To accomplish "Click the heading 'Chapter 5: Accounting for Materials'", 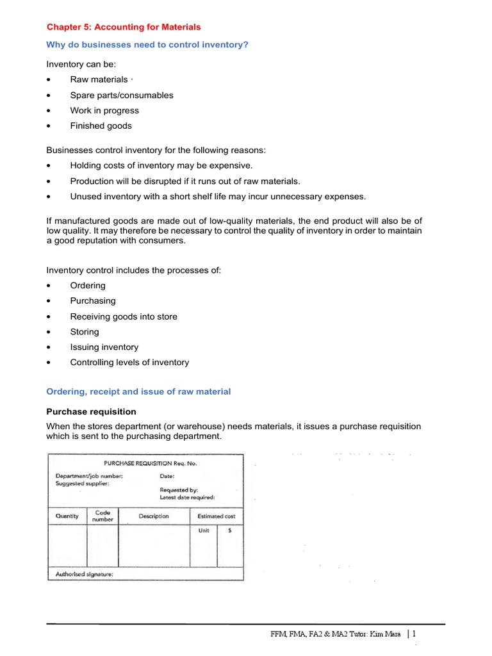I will point(124,27).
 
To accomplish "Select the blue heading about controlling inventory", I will point(147,44).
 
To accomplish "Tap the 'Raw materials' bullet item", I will point(99,79).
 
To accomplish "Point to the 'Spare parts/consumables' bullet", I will point(122,95).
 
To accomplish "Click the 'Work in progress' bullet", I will point(104,110).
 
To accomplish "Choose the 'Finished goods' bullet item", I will point(101,126).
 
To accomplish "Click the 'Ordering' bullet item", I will point(88,285).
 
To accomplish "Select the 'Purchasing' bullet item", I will point(93,300).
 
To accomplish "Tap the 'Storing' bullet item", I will point(85,332).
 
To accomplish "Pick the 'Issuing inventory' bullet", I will point(104,347).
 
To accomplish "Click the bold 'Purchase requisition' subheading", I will point(91,411).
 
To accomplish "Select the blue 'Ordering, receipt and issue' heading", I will point(138,391).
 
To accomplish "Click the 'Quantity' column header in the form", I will point(67,516).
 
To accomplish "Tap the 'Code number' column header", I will point(103,516).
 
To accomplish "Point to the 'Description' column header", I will point(154,516).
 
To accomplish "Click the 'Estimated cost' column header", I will point(216,516).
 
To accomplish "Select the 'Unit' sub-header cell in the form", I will point(204,530).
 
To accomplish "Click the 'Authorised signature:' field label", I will point(85,574).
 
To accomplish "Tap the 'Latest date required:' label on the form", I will point(187,496).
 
